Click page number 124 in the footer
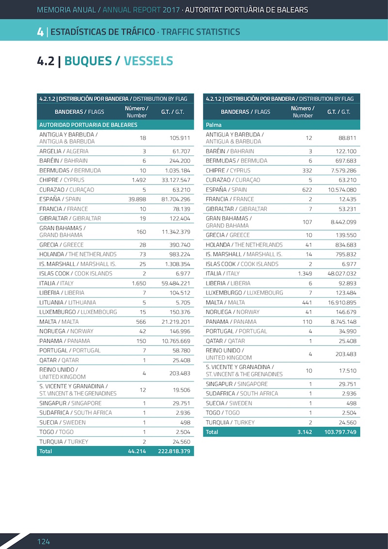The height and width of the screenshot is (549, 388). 44,541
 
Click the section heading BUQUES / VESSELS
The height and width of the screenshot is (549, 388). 119,61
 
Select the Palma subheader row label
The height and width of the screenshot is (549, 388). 213,125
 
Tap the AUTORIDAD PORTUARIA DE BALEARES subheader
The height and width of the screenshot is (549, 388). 88,125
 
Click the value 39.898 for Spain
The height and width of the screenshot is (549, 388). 137,199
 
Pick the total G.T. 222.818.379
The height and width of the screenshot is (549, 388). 174,451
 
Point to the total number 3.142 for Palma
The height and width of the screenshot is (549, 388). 305,432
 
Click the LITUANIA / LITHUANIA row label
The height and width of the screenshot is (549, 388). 67,302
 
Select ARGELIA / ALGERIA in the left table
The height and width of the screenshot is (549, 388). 64,151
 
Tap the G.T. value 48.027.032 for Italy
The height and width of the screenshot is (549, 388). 342,273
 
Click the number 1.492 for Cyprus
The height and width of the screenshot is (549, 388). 139,180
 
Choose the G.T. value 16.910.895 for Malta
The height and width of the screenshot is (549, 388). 342,302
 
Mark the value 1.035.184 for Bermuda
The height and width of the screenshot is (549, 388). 178,170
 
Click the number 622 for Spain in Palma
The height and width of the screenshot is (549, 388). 307,190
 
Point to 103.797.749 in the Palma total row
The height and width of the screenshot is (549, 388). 340,432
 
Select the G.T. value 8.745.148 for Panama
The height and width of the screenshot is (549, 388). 343,321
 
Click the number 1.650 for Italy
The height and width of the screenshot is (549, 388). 139,283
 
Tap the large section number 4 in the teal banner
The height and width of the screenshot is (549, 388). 40,32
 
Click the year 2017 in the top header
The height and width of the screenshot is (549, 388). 171,9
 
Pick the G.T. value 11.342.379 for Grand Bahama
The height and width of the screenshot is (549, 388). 176,232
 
